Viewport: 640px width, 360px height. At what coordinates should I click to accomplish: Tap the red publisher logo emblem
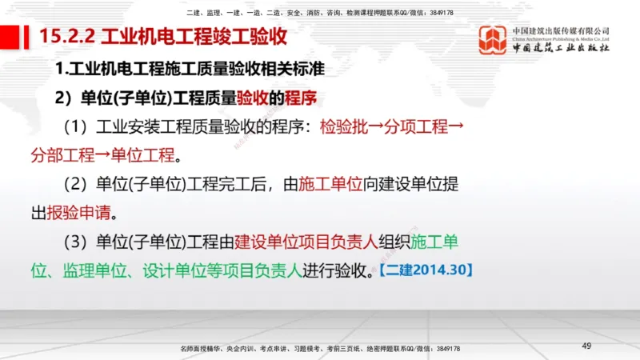493,39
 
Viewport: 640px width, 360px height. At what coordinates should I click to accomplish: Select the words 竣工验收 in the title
247,36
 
